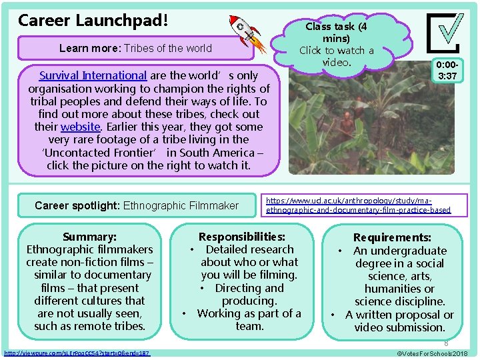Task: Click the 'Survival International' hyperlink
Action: [x=93, y=75]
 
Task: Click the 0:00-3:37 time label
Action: [x=447, y=71]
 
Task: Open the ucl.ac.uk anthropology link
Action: [x=358, y=205]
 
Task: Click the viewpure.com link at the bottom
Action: [x=77, y=352]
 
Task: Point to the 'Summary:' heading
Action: [x=89, y=237]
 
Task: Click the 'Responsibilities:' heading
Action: [x=242, y=237]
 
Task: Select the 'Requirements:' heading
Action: [x=392, y=237]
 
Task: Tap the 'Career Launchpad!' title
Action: [x=93, y=20]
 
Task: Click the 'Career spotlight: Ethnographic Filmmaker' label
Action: [x=136, y=205]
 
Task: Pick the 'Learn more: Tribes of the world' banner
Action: [x=135, y=48]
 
